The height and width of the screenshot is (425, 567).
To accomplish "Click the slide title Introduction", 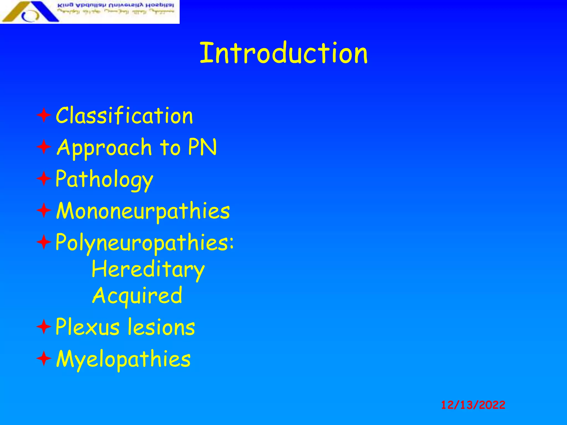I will coord(283,53).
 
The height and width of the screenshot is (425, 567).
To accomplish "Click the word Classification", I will coord(124,116).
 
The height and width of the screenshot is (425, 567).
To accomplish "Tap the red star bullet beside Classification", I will coord(44,116).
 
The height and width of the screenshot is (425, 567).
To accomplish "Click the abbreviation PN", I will coord(202,147).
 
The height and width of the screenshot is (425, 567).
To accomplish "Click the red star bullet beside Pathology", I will coord(44,179).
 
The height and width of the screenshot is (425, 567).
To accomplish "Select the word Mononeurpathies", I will coord(143,211).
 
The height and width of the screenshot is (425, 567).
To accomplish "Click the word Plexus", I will coord(87,327).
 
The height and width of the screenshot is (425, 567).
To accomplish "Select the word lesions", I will coord(161,327).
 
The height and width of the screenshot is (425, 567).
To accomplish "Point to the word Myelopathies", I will coord(123,359).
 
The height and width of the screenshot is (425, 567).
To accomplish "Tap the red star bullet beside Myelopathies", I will coord(44,359).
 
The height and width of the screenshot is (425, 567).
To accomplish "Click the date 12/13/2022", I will coord(473,405).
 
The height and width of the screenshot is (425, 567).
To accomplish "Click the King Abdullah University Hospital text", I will coord(116,6).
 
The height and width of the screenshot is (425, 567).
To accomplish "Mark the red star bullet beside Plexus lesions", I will coord(44,327).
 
